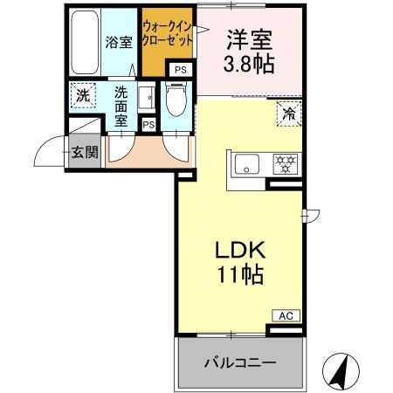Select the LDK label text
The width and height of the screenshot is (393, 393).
[x=240, y=250]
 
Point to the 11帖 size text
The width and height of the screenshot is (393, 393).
[x=240, y=273]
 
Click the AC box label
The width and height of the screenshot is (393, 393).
[x=285, y=315]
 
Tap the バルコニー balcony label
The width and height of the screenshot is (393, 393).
[x=240, y=362]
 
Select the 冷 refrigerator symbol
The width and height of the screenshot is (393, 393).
[x=288, y=111]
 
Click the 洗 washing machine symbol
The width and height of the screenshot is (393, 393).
[x=82, y=95]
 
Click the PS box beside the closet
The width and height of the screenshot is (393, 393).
[x=179, y=70]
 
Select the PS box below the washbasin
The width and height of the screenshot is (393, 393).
[x=148, y=125]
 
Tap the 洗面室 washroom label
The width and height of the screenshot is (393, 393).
[x=116, y=102]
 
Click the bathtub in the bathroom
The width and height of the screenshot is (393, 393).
[x=83, y=42]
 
